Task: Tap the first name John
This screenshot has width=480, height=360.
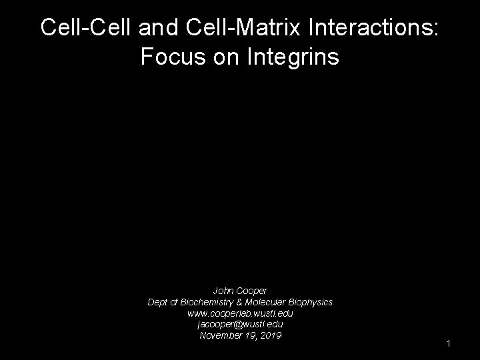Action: pyautogui.click(x=223, y=291)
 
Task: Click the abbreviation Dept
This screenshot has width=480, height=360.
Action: pyautogui.click(x=158, y=302)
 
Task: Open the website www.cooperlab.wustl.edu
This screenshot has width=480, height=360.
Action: pyautogui.click(x=240, y=313)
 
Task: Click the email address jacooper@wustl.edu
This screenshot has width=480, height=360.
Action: pyautogui.click(x=240, y=324)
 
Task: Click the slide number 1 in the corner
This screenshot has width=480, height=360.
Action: pyautogui.click(x=449, y=343)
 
